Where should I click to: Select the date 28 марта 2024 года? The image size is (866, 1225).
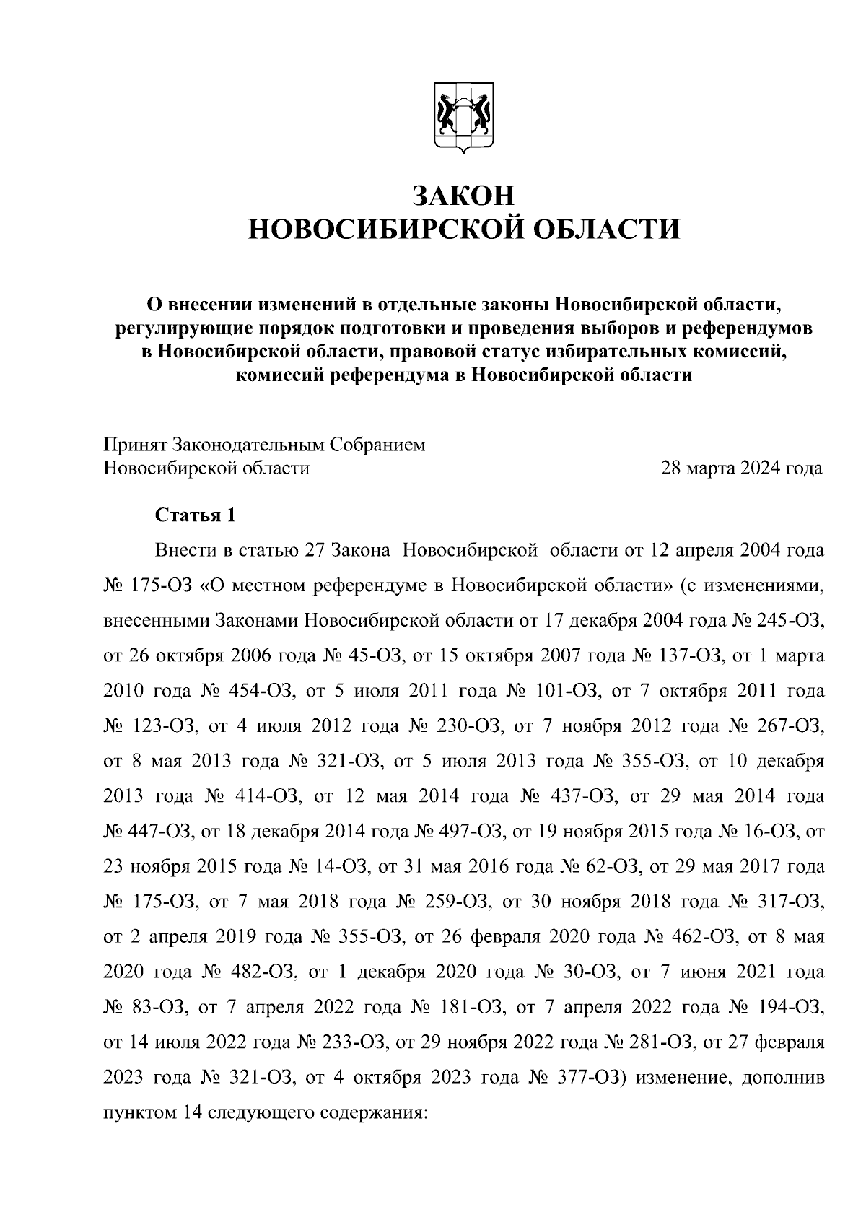pyautogui.click(x=742, y=468)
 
